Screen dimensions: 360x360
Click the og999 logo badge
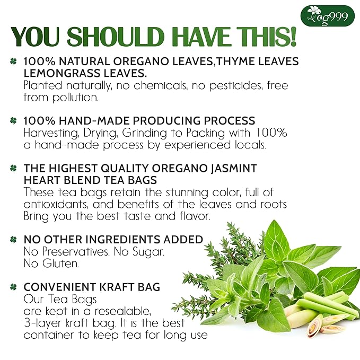point(327,16)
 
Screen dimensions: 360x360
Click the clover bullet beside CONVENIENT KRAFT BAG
point(13,288)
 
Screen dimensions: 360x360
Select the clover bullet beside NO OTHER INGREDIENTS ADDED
point(13,240)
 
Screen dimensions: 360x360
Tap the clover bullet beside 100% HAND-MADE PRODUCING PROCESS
point(13,120)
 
